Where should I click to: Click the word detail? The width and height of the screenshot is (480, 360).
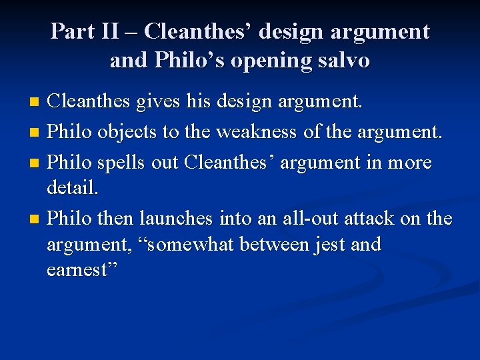[x=73, y=189]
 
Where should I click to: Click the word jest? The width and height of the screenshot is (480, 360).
[x=330, y=245]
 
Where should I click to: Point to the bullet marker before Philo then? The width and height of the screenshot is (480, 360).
[x=36, y=219]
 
